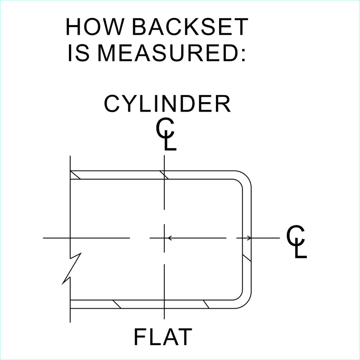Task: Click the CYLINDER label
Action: coord(167,104)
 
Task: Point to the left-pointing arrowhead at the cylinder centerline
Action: coord(169,238)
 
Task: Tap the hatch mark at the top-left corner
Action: coord(75,175)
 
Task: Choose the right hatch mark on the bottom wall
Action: coord(206,304)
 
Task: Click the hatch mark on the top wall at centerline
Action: coord(165,175)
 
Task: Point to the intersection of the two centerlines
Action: coord(165,238)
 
